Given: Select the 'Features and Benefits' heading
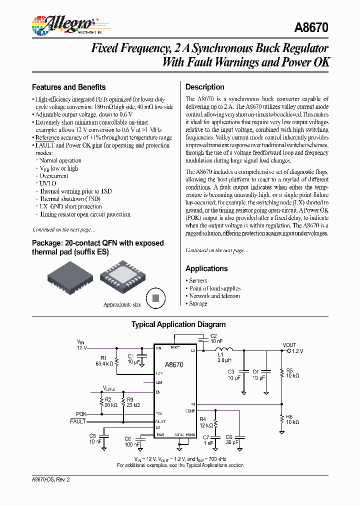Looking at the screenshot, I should click(x=69, y=87).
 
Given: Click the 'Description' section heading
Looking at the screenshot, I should click(x=205, y=87).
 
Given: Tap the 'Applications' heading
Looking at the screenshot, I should click(x=206, y=268).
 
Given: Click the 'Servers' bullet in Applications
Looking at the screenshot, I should click(x=198, y=281).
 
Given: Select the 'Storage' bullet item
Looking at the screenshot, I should click(x=198, y=303).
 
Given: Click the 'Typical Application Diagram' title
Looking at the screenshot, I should click(x=178, y=324).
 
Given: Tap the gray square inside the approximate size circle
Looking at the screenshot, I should click(x=155, y=298).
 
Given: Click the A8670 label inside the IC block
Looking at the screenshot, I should click(x=174, y=365).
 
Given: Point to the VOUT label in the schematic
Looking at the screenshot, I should click(x=289, y=345).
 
